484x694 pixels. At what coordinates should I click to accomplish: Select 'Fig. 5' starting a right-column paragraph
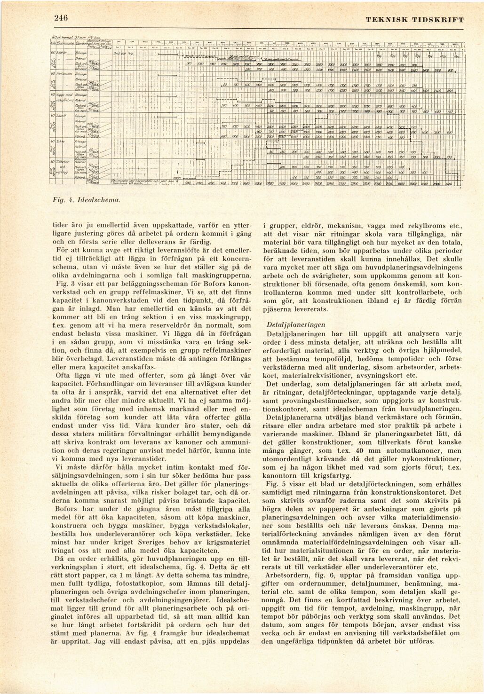pos(273,483)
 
